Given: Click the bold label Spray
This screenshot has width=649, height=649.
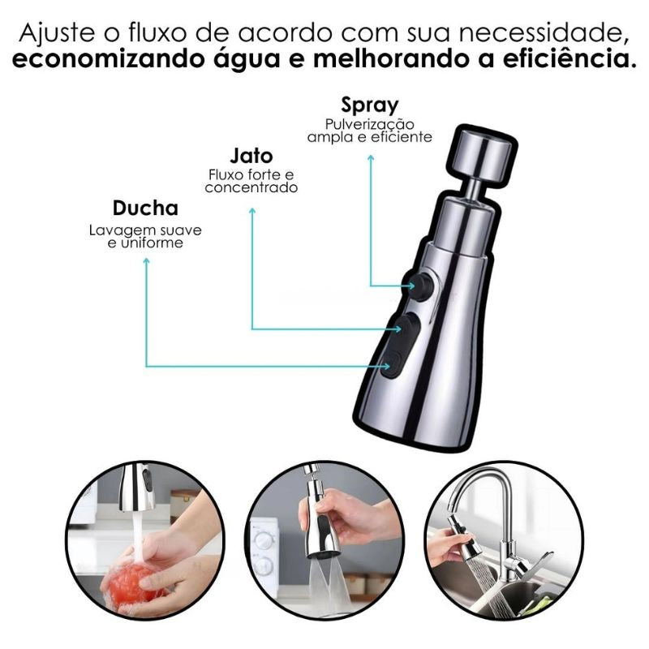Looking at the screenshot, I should [x=370, y=105].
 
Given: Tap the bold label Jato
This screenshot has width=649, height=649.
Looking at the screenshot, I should [x=251, y=156].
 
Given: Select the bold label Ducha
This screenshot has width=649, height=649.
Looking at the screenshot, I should [x=145, y=208].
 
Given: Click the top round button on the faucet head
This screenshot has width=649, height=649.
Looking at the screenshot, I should [x=421, y=284].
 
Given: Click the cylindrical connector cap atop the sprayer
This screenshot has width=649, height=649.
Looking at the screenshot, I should [x=482, y=155].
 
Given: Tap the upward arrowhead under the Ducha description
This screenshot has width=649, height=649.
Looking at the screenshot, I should [x=146, y=262].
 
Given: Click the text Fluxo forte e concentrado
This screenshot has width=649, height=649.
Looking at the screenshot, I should [x=251, y=181].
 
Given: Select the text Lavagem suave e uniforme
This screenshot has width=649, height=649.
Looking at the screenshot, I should [x=145, y=236].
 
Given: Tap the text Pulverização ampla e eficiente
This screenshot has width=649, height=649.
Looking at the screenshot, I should [x=370, y=131].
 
